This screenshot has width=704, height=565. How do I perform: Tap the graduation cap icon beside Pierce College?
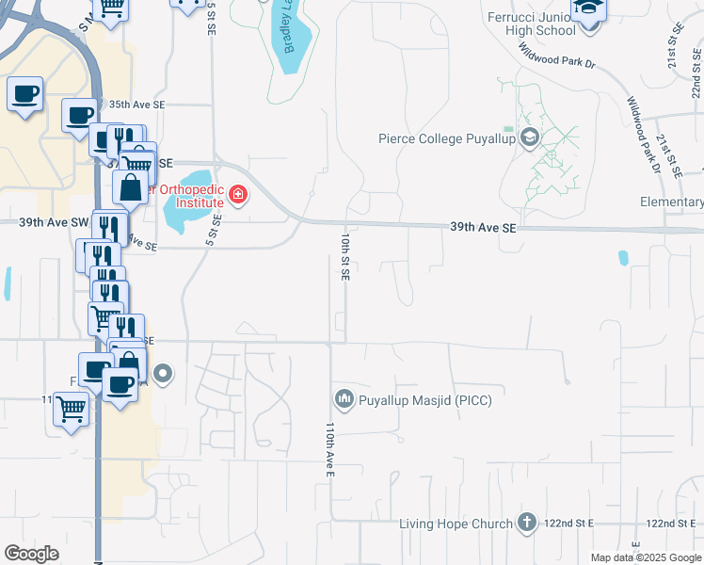point(529,139)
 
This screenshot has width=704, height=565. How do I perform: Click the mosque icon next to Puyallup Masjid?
point(344,400)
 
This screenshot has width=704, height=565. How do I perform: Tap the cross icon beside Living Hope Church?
point(527,524)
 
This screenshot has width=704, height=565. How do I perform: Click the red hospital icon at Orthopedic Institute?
point(238,196)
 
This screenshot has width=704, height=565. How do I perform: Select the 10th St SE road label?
point(345,255)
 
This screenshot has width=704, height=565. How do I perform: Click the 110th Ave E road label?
point(330,448)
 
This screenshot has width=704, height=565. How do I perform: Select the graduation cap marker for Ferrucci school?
point(589,8)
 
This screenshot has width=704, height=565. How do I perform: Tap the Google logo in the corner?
point(31,554)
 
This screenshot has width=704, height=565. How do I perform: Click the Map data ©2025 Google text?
point(646,557)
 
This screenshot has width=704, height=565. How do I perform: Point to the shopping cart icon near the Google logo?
point(72,410)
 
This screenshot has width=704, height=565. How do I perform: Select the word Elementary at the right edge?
point(671,202)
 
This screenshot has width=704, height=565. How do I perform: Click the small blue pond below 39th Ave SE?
point(622,257)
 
